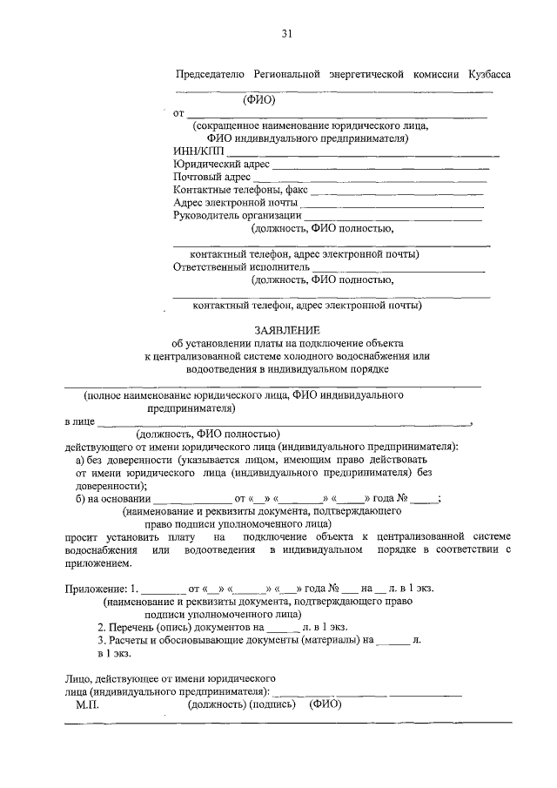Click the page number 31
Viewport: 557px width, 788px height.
[x=285, y=34]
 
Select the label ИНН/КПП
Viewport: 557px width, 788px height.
[x=198, y=150]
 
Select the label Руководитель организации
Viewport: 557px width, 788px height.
[x=237, y=216]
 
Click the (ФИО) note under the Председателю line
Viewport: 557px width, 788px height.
[x=258, y=99]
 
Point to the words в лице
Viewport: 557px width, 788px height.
[x=79, y=421]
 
